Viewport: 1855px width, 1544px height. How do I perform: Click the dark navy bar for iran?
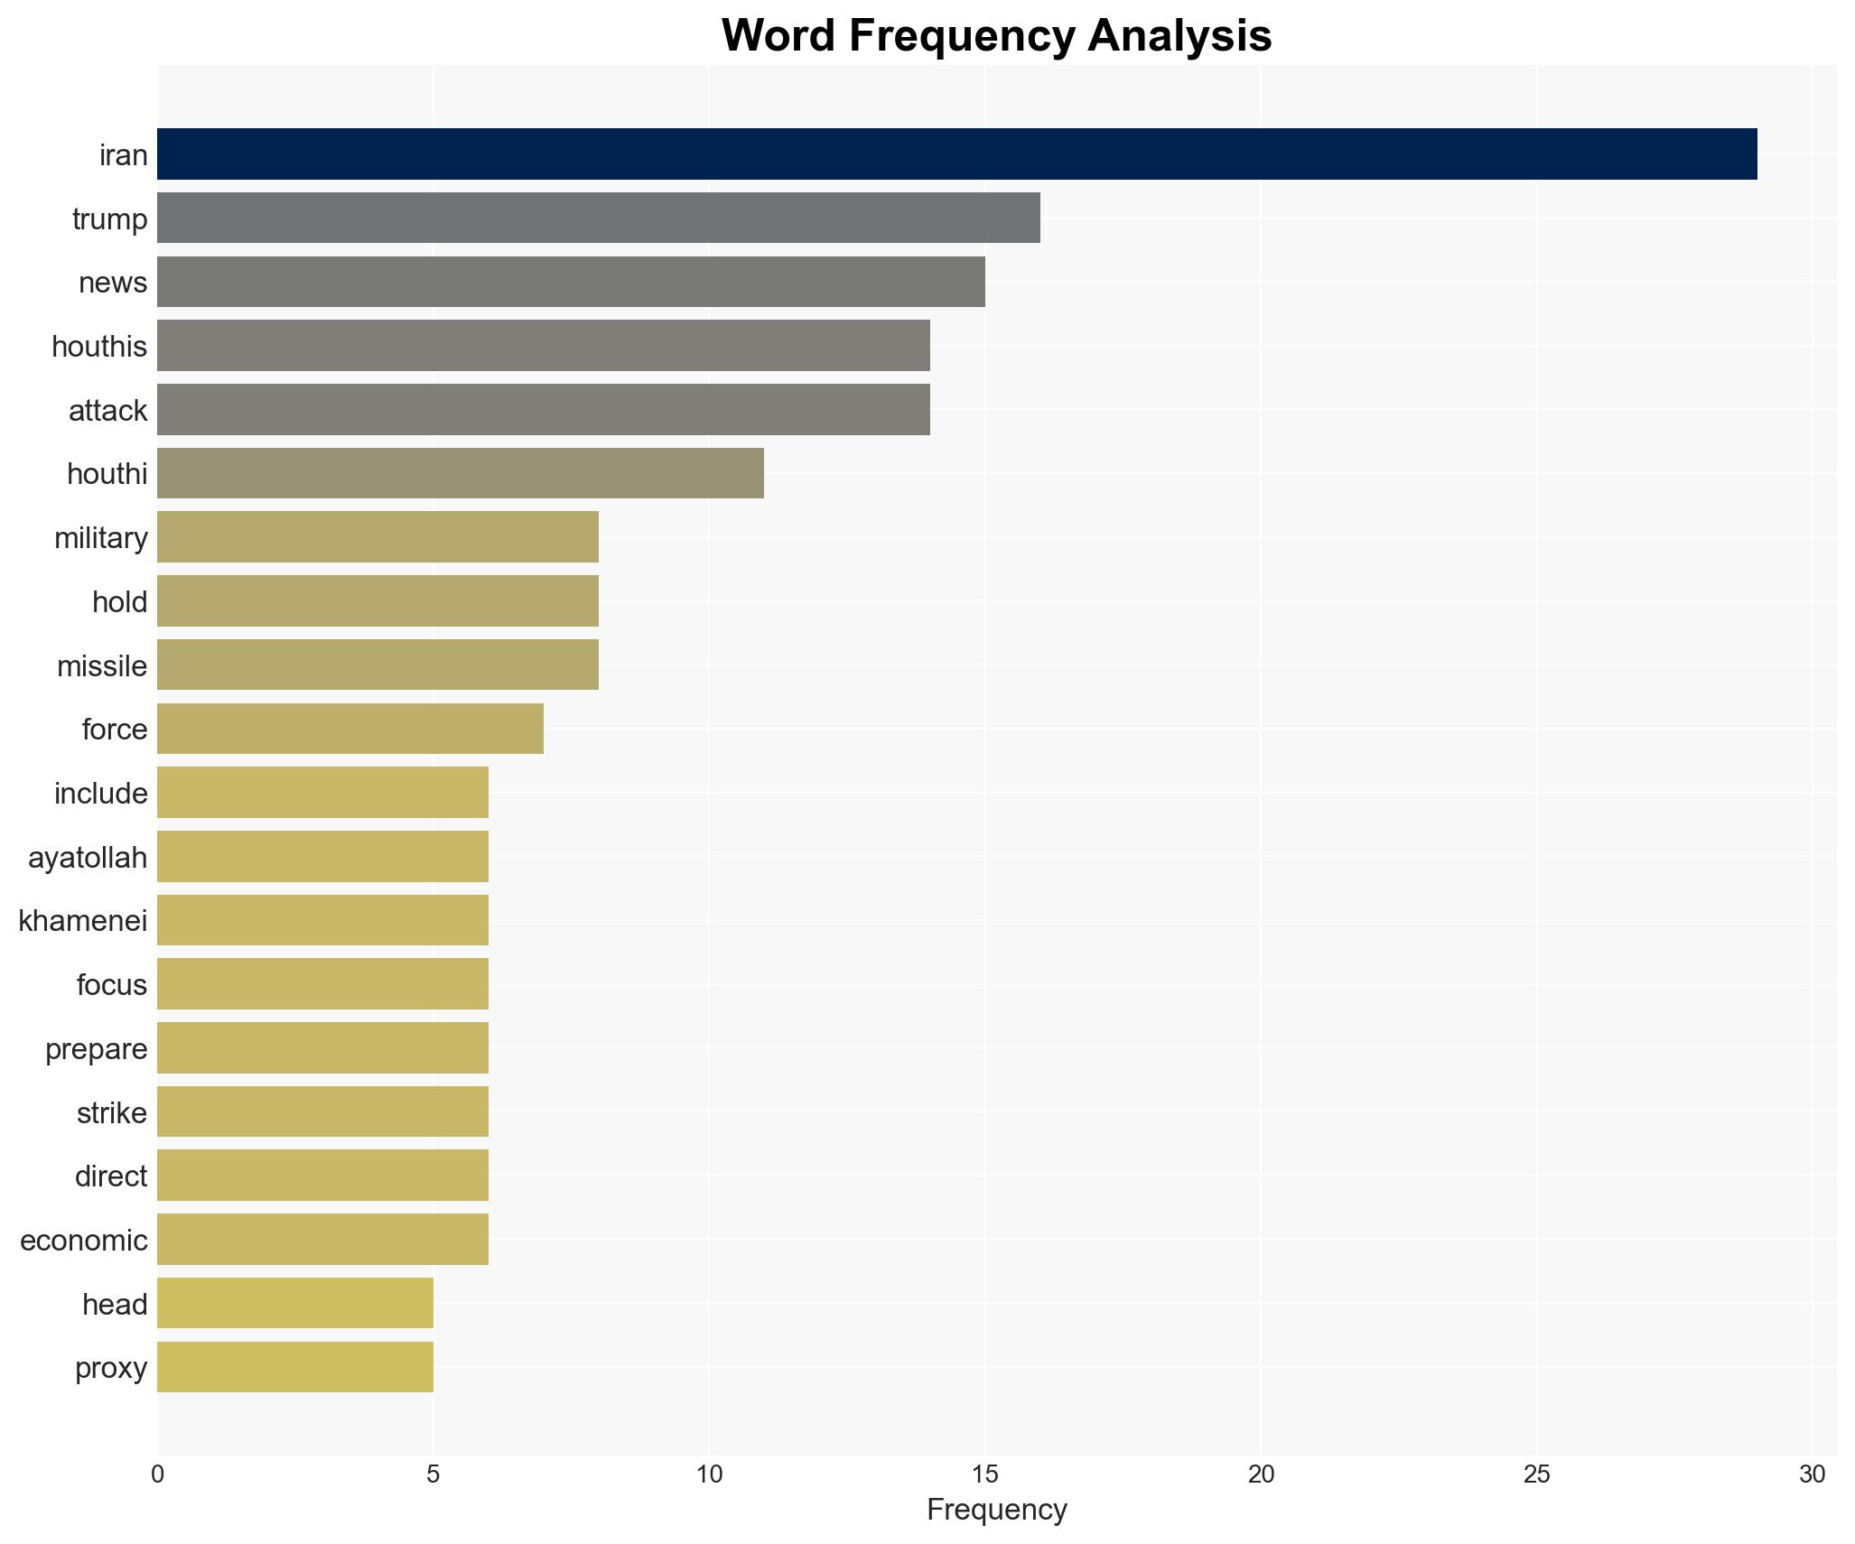(x=956, y=154)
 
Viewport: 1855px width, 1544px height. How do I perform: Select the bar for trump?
(x=598, y=218)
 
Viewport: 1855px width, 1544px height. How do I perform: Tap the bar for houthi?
(x=460, y=473)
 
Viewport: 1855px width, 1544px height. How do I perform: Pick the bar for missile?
(x=378, y=665)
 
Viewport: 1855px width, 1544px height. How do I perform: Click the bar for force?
(x=350, y=729)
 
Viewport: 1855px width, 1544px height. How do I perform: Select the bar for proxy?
(x=294, y=1367)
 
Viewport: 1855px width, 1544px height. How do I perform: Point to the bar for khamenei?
(x=322, y=920)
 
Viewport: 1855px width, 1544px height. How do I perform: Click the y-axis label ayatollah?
(x=88, y=857)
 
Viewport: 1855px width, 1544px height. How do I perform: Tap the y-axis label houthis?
(x=99, y=346)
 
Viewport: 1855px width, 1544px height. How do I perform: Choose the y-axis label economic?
(x=84, y=1240)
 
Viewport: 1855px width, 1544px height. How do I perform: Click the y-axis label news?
(x=113, y=283)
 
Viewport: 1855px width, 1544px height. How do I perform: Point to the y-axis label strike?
(x=112, y=1112)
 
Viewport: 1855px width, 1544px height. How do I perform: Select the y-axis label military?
(x=101, y=537)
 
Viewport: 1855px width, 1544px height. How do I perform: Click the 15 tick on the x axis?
(x=984, y=1474)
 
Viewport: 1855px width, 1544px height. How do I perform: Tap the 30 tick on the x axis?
(x=1812, y=1474)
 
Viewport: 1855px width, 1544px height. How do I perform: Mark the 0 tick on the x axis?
(x=158, y=1474)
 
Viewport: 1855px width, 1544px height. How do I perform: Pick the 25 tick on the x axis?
(x=1536, y=1474)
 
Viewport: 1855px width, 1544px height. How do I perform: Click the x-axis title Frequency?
(x=996, y=1510)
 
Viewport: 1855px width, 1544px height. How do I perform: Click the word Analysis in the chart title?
(x=1179, y=36)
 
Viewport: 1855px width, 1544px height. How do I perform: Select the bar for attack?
(x=543, y=410)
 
